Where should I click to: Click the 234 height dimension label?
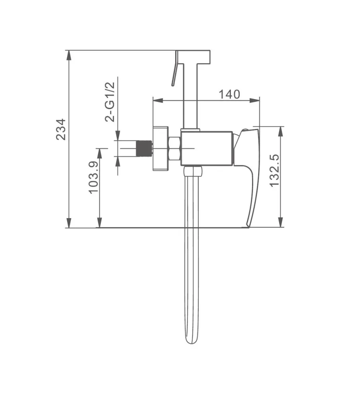pyautogui.click(x=61, y=129)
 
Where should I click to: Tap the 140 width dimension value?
pyautogui.click(x=229, y=94)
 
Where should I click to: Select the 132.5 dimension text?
pyautogui.click(x=274, y=171)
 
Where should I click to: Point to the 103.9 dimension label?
pyautogui.click(x=93, y=177)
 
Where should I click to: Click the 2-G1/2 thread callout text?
pyautogui.click(x=110, y=102)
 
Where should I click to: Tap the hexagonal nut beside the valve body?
pyautogui.click(x=174, y=148)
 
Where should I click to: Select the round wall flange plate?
pyautogui.click(x=160, y=148)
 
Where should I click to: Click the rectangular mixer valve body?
pyautogui.click(x=207, y=148)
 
